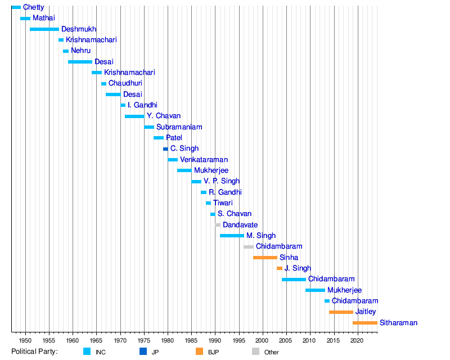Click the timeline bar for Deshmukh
pos(44,29)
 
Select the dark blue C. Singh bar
pos(165,148)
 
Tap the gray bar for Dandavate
pos(218,225)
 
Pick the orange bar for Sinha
pos(265,258)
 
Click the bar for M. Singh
pos(232,236)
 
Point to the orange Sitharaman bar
pos(365,323)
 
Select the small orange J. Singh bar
pos(280,268)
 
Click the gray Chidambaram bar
pos(249,246)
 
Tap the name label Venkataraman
pos(204,159)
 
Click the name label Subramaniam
pos(179,127)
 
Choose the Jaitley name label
pos(366,312)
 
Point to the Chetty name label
pos(34,7)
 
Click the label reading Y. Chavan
pos(164,116)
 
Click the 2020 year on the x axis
pos(358,340)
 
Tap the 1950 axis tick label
pos(25,340)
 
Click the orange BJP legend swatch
pos(199,352)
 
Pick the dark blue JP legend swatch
pos(143,352)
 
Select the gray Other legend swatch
pos(255,352)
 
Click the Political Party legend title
pos(34,352)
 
